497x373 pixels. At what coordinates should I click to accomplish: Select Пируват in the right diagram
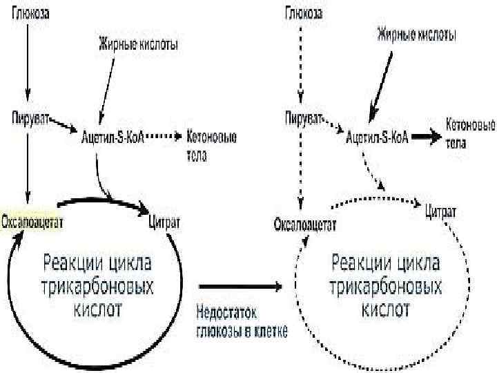[x=303, y=117]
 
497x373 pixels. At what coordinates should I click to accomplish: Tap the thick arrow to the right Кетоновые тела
[x=428, y=136]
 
